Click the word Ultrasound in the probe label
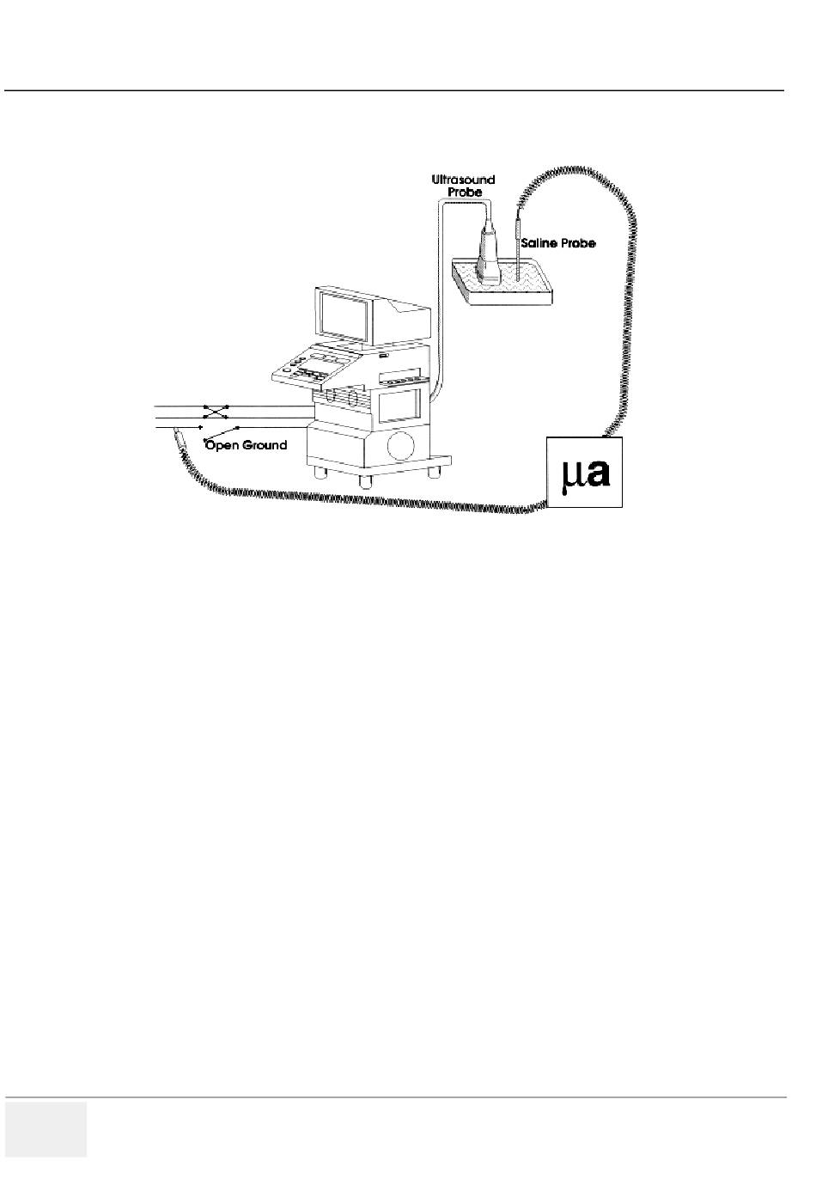(x=463, y=180)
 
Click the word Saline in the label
(x=538, y=244)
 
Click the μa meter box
(x=584, y=472)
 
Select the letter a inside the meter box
(x=598, y=473)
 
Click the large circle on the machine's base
(x=403, y=445)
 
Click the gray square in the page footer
(x=46, y=1129)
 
